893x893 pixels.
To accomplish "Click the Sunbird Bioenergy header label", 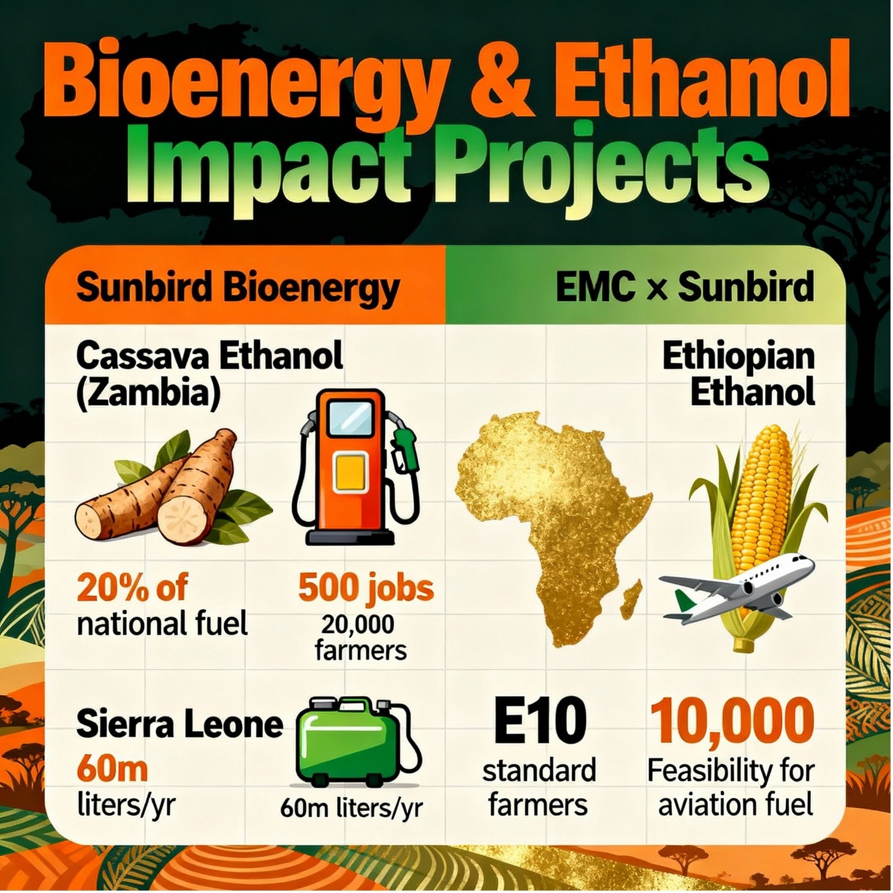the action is point(238,288).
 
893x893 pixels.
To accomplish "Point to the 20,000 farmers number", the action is point(358,625).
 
